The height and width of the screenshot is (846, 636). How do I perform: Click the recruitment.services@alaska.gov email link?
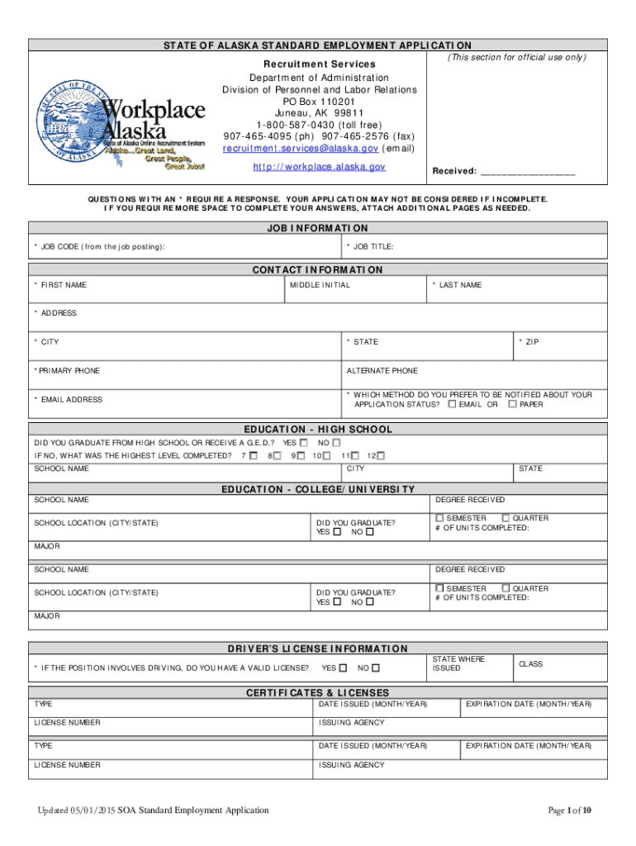click(x=301, y=149)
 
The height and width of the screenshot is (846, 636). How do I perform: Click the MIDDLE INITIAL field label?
click(x=320, y=285)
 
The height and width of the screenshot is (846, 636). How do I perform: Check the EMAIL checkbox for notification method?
click(x=452, y=405)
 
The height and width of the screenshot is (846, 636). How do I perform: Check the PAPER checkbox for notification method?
click(x=512, y=405)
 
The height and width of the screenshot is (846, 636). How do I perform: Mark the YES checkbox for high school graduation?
click(x=304, y=443)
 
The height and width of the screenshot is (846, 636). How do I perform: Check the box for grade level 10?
click(x=327, y=456)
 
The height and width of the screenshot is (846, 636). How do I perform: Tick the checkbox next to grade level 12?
click(x=382, y=456)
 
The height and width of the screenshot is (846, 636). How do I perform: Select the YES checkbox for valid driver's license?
click(x=343, y=668)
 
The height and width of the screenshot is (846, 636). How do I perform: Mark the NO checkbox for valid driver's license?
click(x=376, y=668)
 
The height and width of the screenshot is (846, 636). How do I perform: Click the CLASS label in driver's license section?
click(x=530, y=664)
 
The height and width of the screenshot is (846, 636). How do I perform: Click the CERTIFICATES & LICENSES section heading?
click(x=317, y=692)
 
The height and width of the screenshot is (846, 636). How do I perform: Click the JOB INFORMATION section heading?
click(x=317, y=228)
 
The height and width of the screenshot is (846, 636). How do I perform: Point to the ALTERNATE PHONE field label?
click(x=382, y=371)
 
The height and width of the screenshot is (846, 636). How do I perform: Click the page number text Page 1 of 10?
click(x=570, y=810)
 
